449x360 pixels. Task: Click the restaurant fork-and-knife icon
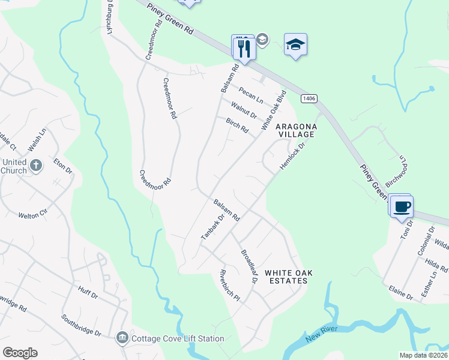pyautogui.click(x=244, y=47)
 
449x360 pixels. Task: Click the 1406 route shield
pyautogui.click(x=309, y=98)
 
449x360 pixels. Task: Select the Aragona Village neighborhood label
pyautogui.click(x=295, y=131)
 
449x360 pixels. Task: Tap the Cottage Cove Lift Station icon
pyautogui.click(x=122, y=338)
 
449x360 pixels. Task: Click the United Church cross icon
pyautogui.click(x=35, y=165)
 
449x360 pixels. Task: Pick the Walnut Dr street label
pyautogui.click(x=244, y=110)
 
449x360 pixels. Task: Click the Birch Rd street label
pyautogui.click(x=237, y=125)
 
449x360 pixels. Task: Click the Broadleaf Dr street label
pyautogui.click(x=249, y=267)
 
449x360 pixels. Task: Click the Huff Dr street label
pyautogui.click(x=88, y=291)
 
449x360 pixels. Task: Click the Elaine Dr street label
pyautogui.click(x=402, y=293)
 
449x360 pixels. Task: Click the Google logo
pyautogui.click(x=20, y=353)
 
